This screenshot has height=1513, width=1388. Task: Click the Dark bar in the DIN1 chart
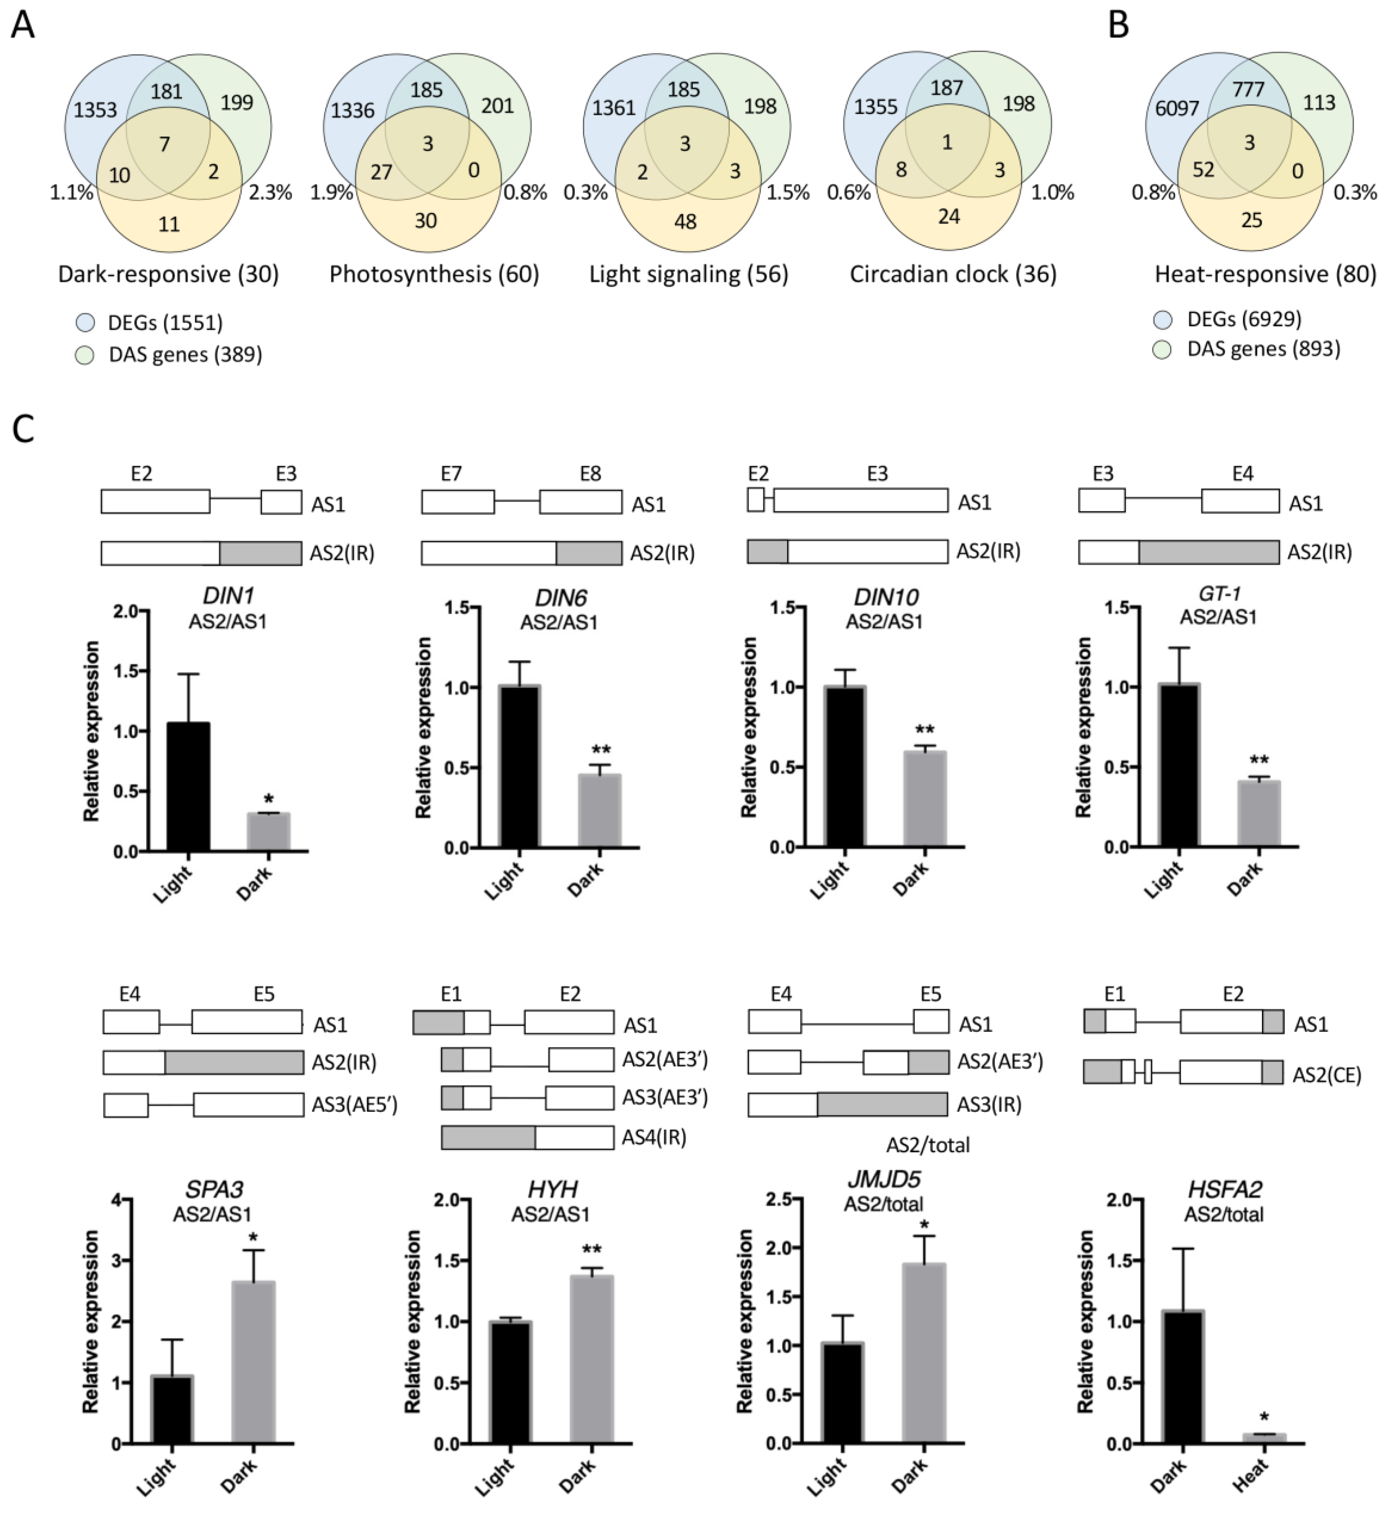pos(268,831)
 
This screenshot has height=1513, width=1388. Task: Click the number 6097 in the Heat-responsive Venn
pos(1177,108)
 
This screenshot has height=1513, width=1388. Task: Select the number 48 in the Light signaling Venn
pos(685,221)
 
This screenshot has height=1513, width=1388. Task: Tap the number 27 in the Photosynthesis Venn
pos(382,172)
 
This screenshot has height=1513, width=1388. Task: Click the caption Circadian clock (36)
pos(952,274)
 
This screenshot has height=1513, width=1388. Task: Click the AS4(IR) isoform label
pos(653,1138)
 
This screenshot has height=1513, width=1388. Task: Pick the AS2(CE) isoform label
pos(1326,1075)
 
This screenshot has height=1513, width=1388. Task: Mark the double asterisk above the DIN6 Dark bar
pos(601,749)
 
